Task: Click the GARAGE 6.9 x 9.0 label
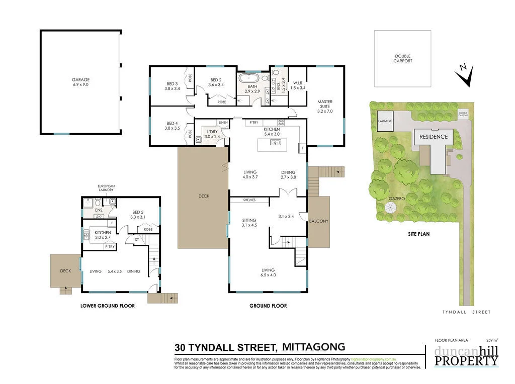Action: [80, 82]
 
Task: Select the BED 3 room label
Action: [172, 86]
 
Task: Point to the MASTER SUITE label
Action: [325, 106]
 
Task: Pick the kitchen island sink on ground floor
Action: [275, 142]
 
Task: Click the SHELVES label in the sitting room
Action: [249, 200]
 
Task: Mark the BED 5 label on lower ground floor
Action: [137, 215]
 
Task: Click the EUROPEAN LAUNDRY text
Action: [107, 188]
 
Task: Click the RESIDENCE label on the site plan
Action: [434, 137]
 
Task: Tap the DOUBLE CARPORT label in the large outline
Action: [402, 59]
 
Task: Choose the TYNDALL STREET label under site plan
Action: [466, 312]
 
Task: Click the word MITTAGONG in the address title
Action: [313, 346]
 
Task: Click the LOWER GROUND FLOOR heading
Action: [108, 306]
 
